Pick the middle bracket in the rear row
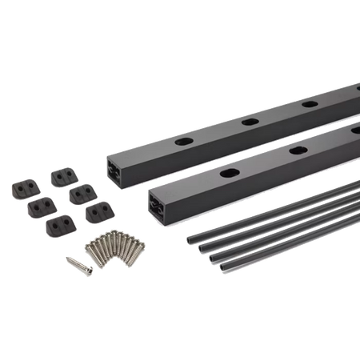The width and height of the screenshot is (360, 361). coord(81,193)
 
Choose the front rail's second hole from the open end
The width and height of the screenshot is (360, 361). coord(298,150)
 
